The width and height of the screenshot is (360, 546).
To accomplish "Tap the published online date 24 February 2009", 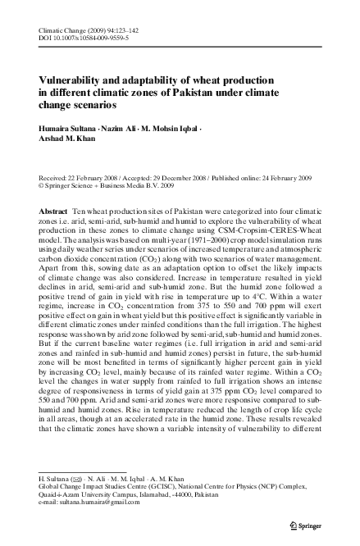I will point(281,176).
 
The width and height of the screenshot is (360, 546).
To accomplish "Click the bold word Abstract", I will point(53,212).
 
